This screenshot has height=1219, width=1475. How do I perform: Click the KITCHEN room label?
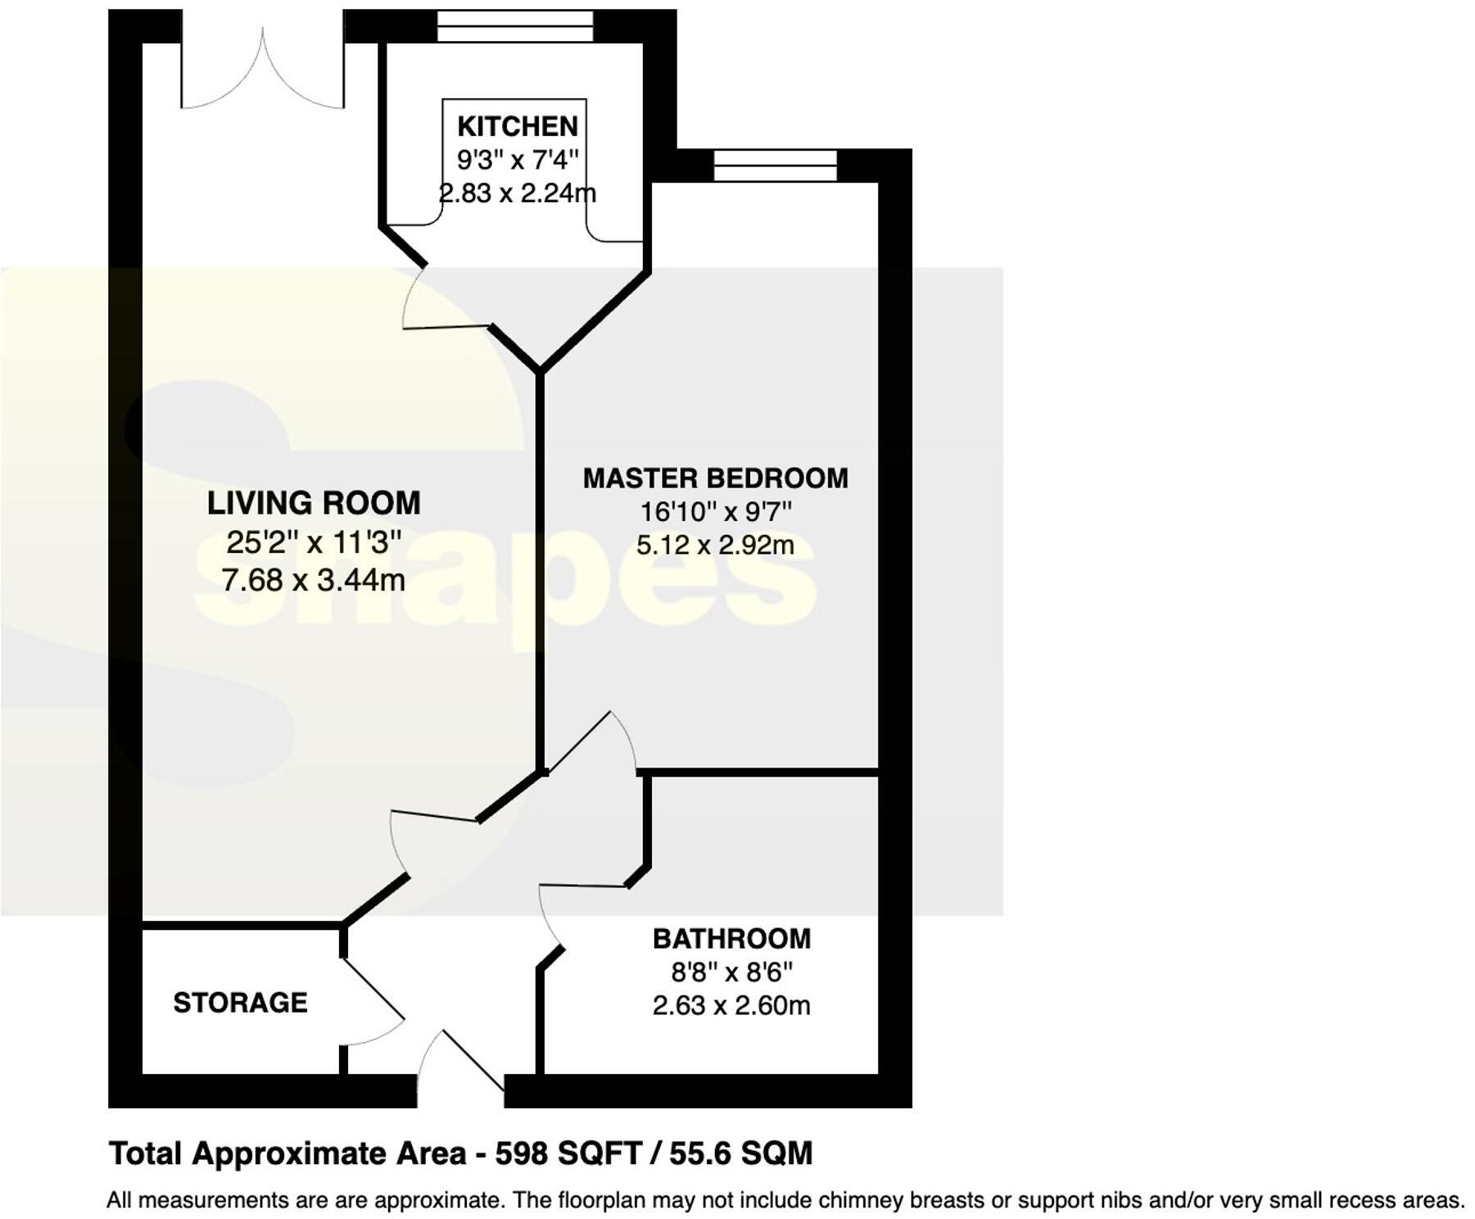[x=517, y=126]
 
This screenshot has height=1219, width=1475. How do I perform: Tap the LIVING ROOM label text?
[x=314, y=503]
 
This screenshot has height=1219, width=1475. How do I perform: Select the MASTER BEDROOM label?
[x=715, y=478]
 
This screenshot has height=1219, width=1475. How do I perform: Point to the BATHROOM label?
[x=731, y=939]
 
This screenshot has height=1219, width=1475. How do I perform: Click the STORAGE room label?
[x=240, y=1003]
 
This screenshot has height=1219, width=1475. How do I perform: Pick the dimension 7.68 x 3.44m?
[x=313, y=580]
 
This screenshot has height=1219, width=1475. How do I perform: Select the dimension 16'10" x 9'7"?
[x=715, y=512]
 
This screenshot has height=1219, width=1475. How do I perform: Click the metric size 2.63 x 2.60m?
[x=731, y=1005]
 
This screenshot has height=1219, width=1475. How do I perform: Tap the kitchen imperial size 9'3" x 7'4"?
[x=517, y=159]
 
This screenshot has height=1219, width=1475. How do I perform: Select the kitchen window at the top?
[x=514, y=26]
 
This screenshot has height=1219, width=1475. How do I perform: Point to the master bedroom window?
[x=775, y=165]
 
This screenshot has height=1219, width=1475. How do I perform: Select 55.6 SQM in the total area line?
[x=740, y=1153]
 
